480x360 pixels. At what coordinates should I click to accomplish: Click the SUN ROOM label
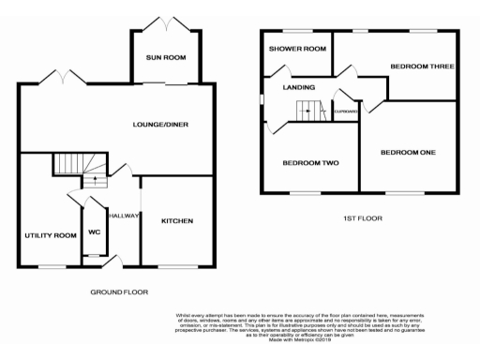166,58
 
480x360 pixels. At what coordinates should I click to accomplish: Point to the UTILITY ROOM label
50,235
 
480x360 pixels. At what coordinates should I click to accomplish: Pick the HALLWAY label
124,216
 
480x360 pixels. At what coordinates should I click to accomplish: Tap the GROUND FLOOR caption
119,292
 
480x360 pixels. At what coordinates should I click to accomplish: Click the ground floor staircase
68,164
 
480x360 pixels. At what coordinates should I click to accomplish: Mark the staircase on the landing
308,111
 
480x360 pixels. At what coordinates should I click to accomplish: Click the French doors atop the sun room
166,23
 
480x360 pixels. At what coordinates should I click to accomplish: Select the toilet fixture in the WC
93,249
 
